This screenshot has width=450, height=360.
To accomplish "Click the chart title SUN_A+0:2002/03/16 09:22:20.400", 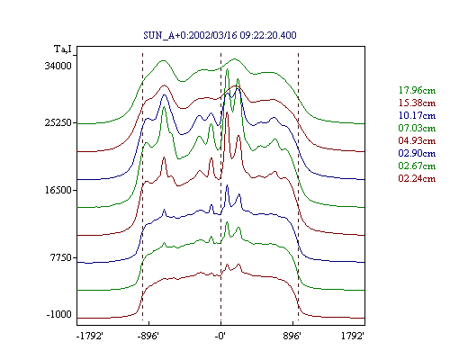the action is coord(220,35).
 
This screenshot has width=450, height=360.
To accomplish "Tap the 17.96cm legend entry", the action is coord(417,90).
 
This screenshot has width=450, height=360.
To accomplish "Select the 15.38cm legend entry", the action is coord(417,103).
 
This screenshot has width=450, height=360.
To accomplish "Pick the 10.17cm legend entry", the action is coord(417,115).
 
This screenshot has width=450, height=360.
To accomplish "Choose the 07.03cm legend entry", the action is coord(417,128).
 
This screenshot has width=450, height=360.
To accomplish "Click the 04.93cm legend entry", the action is coord(417,140).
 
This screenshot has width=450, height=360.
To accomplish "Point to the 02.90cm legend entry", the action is coord(417,153).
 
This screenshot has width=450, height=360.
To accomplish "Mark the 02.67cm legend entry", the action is coord(417,166).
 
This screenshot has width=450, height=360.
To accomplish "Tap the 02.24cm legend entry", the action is coord(417,178).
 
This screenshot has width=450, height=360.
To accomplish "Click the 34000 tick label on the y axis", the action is coord(58,66).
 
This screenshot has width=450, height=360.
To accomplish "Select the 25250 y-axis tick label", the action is coord(58,123).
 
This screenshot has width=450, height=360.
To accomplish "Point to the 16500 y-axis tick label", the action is coord(58,190).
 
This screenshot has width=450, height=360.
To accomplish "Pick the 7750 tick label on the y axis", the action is coord(61,257).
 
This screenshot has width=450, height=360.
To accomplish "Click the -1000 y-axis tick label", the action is coord(59,314).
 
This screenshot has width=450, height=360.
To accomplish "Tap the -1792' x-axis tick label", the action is coord(90,336).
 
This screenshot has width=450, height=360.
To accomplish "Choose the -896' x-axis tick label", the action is coord(148,336).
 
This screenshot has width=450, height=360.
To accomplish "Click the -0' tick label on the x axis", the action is coord(220,336).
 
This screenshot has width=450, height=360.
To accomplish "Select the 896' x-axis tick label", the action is coord(292,336).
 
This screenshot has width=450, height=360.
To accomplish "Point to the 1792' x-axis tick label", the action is coord(353,336).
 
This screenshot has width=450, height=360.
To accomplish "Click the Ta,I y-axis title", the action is coord(63,49).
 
